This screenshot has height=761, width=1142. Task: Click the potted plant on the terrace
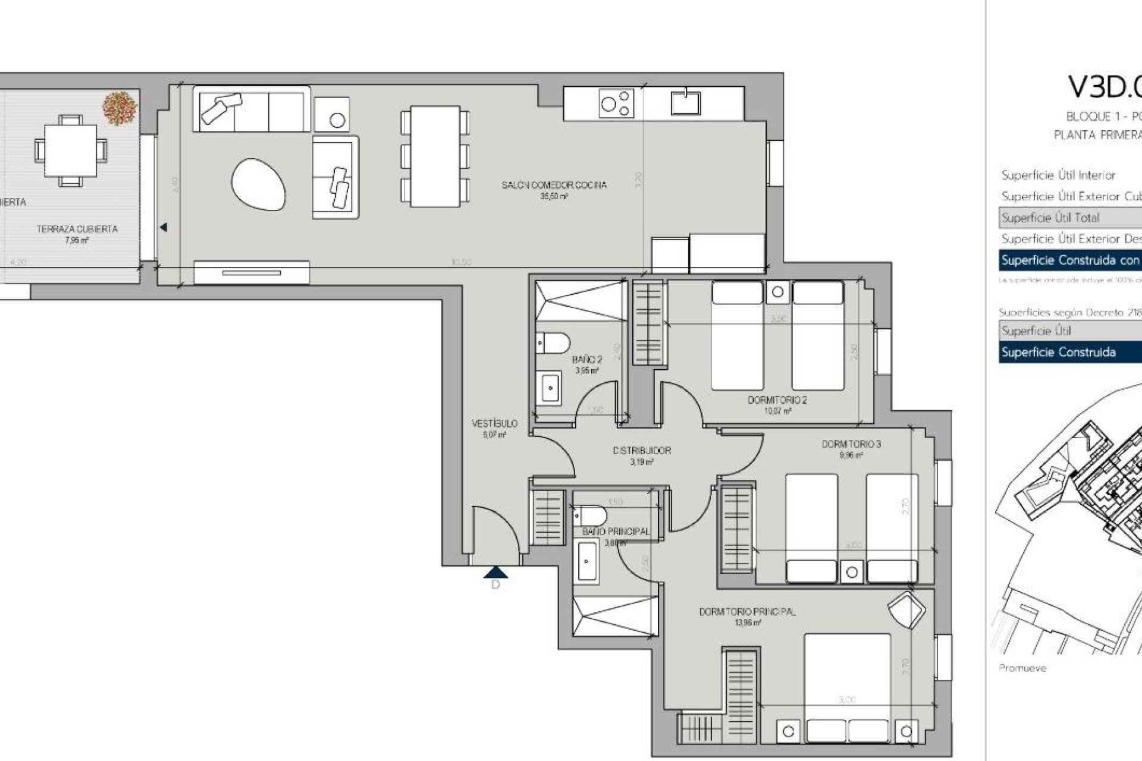[120, 108]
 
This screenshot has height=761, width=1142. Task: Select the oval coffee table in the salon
[258, 184]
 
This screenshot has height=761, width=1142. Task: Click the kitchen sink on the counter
[686, 102]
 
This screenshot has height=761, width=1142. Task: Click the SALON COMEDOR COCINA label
[554, 185]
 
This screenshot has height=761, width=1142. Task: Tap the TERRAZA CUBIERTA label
[77, 229]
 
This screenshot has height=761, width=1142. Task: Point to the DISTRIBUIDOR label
[642, 451]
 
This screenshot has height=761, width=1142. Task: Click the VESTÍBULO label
[494, 424]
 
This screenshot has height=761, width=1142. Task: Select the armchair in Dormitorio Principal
[906, 609]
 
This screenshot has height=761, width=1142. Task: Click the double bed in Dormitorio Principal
[847, 684]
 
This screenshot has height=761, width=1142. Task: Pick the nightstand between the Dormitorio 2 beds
[777, 292]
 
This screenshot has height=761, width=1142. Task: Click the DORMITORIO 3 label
[851, 444]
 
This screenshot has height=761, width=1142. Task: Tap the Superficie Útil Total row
[1069, 218]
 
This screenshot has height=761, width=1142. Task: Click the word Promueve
[1022, 668]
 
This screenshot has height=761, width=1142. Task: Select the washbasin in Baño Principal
[586, 561]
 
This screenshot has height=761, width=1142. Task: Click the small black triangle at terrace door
[164, 227]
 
